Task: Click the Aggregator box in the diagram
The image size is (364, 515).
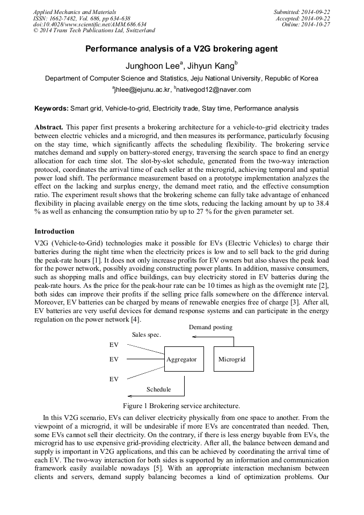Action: pyautogui.click(x=184, y=359)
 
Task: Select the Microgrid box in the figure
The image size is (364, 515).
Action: pyautogui.click(x=234, y=359)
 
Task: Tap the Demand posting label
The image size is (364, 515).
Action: pyautogui.click(x=210, y=327)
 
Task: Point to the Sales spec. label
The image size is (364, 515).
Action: pyautogui.click(x=147, y=335)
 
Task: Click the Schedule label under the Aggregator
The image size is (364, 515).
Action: pyautogui.click(x=158, y=389)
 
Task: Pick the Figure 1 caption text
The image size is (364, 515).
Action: pyautogui.click(x=181, y=405)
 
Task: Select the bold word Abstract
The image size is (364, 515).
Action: pyautogui.click(x=49, y=127)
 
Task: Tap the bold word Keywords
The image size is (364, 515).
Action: pyautogui.click(x=52, y=108)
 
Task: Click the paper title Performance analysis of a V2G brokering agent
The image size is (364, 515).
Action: pyautogui.click(x=181, y=49)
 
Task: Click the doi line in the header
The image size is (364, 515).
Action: pyautogui.click(x=90, y=24)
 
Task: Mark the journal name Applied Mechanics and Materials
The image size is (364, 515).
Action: pyautogui.click(x=75, y=12)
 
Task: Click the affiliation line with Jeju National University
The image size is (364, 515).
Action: pyautogui.click(x=181, y=78)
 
